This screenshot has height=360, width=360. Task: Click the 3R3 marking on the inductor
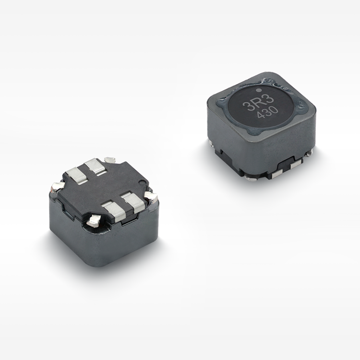tap(258, 103)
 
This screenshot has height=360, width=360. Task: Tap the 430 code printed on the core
tap(268, 113)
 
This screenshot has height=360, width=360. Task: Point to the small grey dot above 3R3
tap(259, 90)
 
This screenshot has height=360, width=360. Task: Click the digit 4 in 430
tap(261, 115)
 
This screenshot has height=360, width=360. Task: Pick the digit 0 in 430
tap(275, 110)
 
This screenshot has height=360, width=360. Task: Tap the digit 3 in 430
tap(268, 112)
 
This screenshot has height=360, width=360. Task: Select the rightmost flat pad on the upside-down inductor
tap(133, 202)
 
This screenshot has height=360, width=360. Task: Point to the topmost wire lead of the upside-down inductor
tap(110, 160)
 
